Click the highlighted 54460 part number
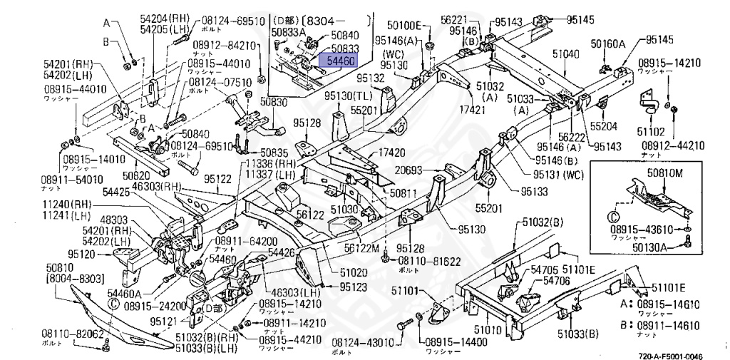(340, 61)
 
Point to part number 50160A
(607, 43)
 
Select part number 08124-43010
(363, 343)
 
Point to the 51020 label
(354, 272)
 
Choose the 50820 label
(135, 175)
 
